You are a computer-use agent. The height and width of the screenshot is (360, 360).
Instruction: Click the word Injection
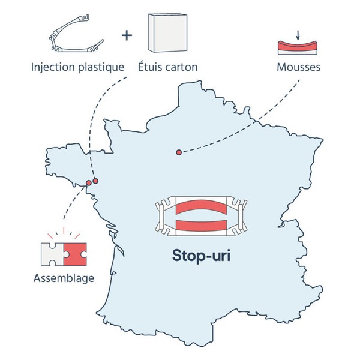pos(53,67)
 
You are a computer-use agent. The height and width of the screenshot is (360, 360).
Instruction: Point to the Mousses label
pos(298,67)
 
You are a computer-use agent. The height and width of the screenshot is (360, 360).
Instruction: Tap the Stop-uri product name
pos(202,256)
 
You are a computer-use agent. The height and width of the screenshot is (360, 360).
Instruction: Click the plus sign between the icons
pos(127,35)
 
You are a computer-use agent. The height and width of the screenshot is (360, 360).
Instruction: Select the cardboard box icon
pos(167,33)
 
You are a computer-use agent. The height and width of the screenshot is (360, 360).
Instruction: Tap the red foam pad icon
pos(298,47)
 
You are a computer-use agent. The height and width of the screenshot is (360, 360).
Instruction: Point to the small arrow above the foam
pos(298,35)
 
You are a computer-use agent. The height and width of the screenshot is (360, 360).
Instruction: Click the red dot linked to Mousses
pos(179,152)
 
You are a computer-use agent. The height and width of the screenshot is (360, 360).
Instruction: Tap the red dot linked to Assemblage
pos(89,183)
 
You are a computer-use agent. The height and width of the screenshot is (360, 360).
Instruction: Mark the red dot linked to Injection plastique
pos(95,181)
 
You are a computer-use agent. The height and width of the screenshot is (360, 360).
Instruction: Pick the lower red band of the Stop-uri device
pos(201,225)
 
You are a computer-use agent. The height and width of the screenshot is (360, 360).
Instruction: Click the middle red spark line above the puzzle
pos(64,230)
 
